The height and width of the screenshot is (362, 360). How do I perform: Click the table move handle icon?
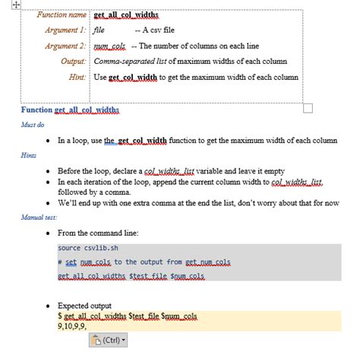click(5, 5)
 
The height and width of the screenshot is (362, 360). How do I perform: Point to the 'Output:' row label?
click(73, 61)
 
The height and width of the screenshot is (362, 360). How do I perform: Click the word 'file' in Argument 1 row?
click(99, 30)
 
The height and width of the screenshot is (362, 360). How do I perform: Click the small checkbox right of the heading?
click(308, 109)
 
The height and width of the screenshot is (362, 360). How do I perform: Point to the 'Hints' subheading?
click(29, 154)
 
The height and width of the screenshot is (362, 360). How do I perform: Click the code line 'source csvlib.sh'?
click(87, 247)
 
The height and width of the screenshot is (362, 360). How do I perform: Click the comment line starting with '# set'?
click(144, 262)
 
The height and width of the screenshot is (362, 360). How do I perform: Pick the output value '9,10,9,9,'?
click(74, 325)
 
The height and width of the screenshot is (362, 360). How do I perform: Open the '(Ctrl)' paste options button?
click(109, 340)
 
